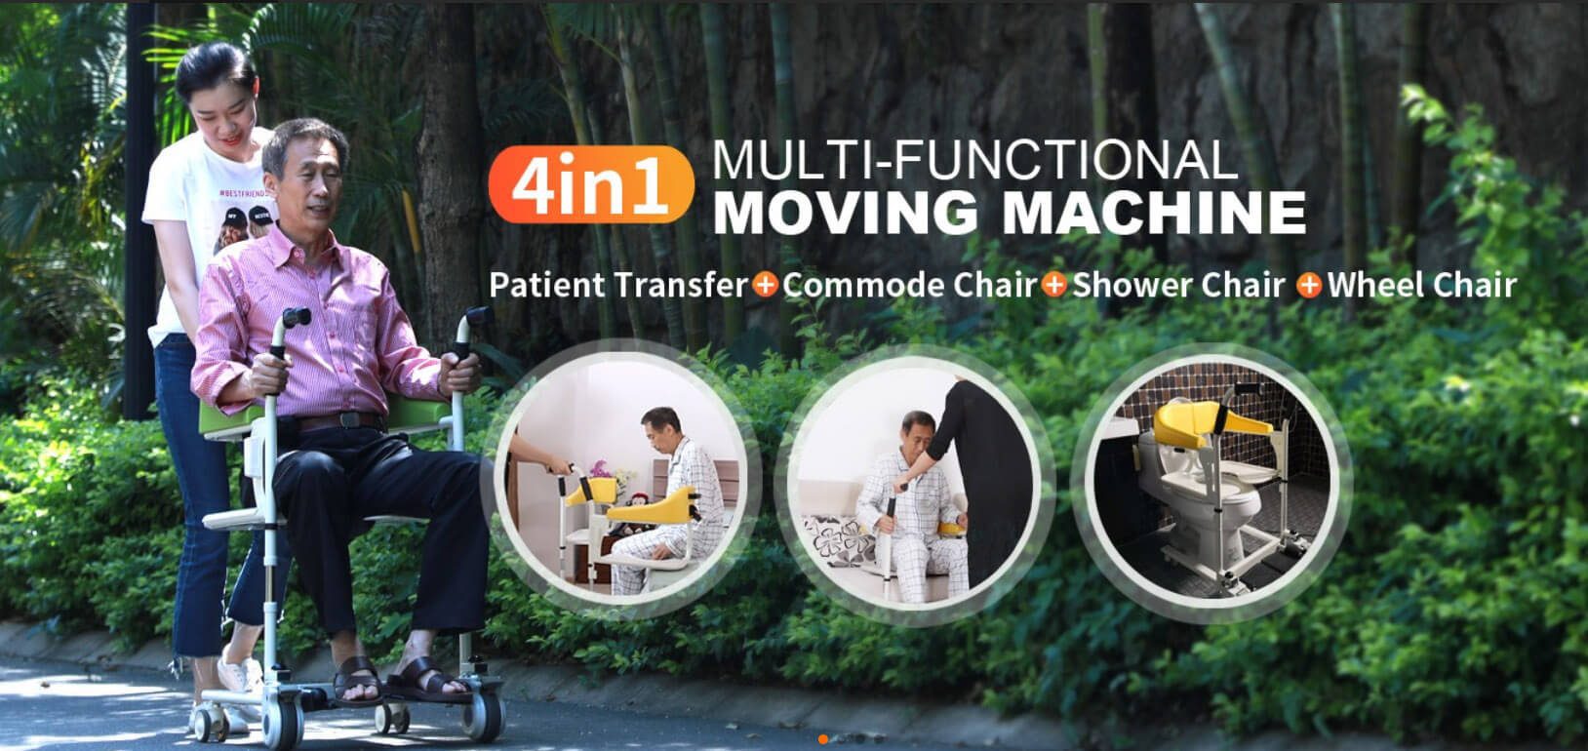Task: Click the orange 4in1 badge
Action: [590, 185]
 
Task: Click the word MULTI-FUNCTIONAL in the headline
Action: [974, 160]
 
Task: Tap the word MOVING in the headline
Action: [848, 212]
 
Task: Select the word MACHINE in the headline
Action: [1154, 212]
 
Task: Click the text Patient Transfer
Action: [618, 285]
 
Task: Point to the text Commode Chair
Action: [910, 285]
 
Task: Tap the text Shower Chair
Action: [1178, 285]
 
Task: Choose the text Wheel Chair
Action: [1421, 285]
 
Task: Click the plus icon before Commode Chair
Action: [765, 285]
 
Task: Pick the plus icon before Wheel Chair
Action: [1309, 286]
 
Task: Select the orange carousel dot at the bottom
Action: [823, 739]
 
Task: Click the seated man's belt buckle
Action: [349, 419]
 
